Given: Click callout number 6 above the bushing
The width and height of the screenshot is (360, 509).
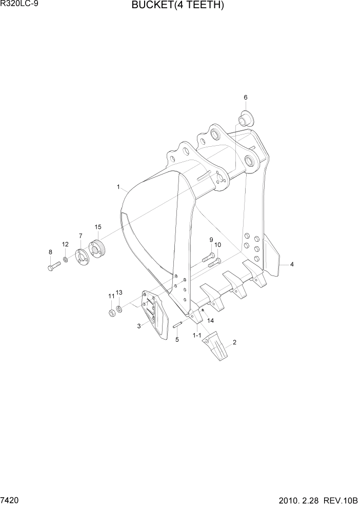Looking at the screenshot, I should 245,97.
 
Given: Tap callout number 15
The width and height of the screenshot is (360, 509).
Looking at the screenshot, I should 97,227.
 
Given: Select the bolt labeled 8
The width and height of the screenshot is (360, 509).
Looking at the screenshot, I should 53,267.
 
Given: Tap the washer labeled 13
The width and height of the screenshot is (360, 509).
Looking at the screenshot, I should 119,309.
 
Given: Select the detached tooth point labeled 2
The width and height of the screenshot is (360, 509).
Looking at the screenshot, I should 216,346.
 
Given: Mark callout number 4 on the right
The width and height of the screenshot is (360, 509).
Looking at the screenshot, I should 292,265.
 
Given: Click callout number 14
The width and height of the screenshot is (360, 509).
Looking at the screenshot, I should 210,321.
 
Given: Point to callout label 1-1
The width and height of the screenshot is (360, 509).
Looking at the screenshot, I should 197,335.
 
